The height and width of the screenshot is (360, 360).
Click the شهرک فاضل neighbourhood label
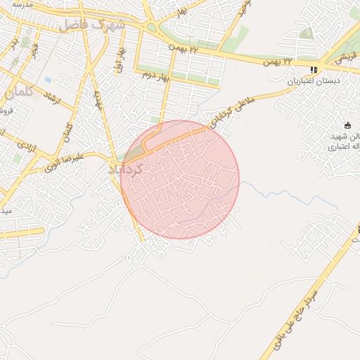(91, 25)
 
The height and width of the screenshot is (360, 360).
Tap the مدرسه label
(26, 4)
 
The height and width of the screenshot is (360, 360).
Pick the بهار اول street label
(122, 60)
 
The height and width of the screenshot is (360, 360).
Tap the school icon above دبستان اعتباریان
(314, 70)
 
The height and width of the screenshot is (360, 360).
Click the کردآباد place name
(127, 169)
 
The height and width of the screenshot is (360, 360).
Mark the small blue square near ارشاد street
(48, 79)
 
